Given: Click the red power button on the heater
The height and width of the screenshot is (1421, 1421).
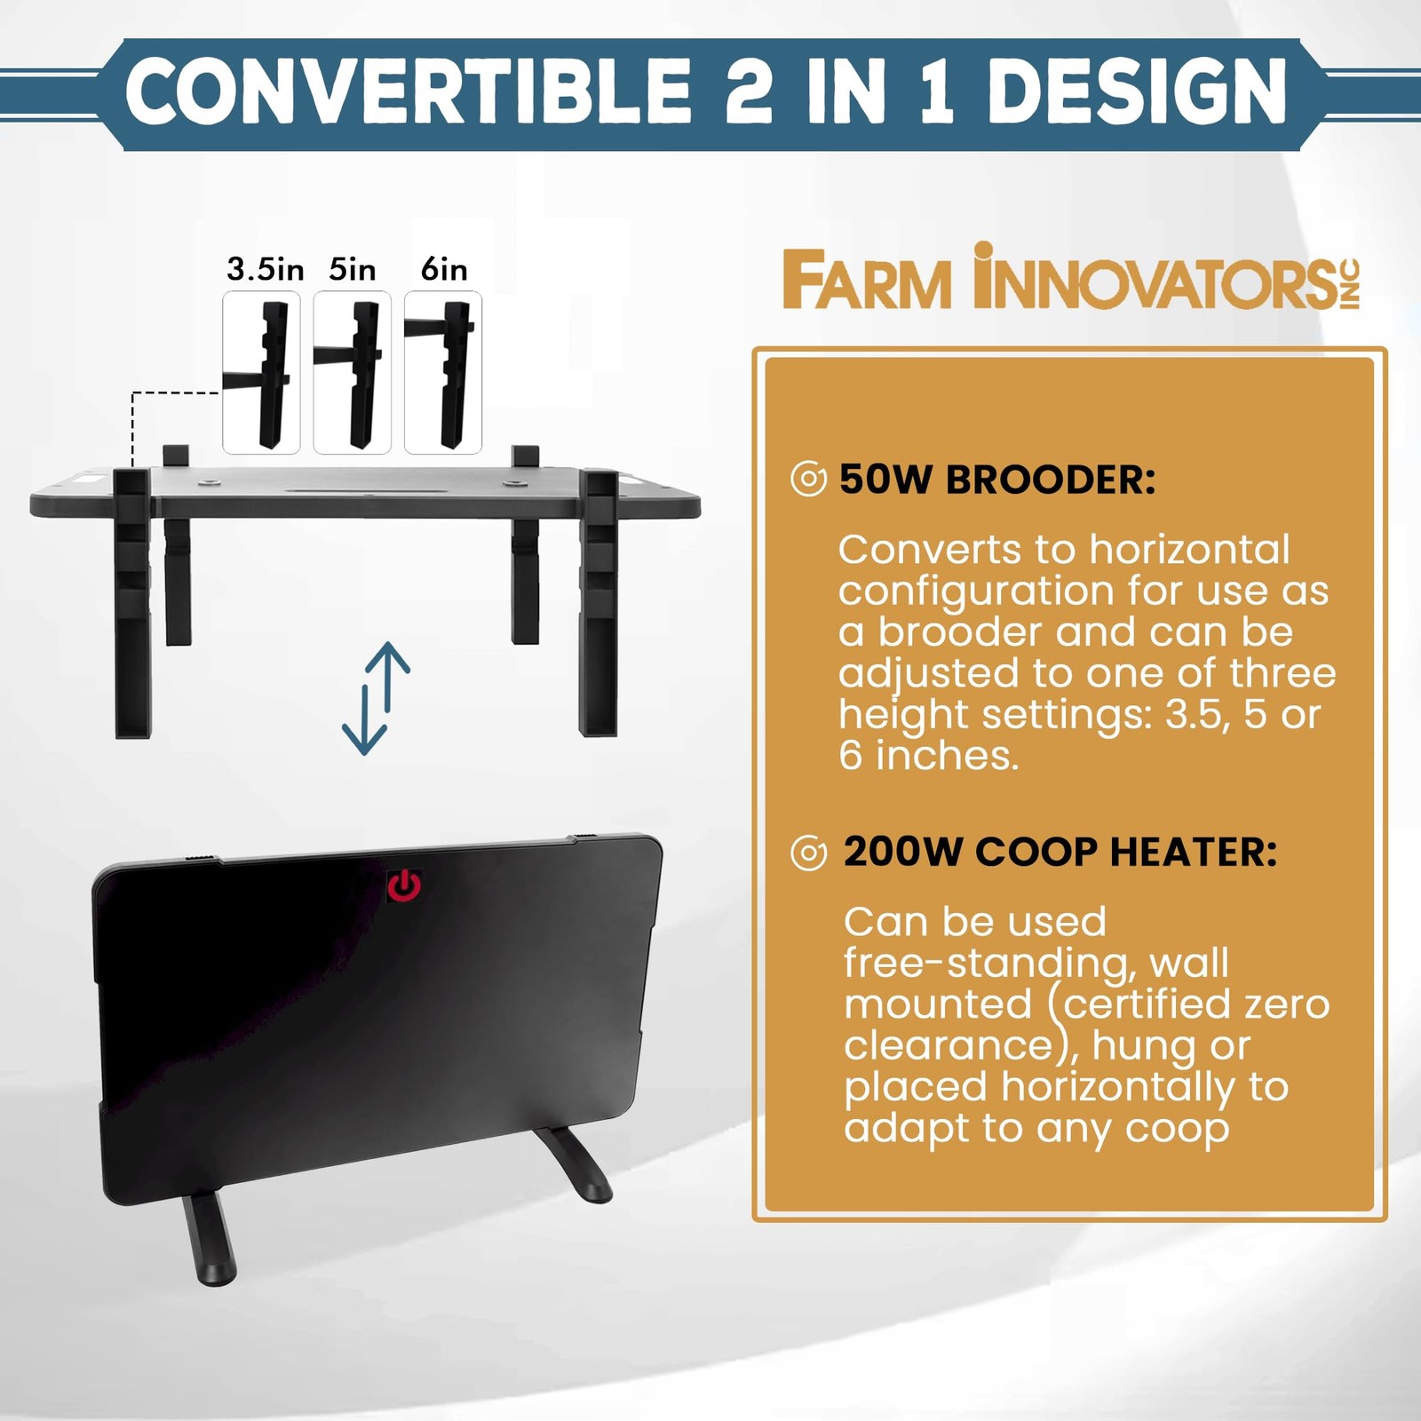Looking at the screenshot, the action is pos(404,885).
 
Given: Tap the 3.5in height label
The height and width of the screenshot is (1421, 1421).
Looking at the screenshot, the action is pos(265,268).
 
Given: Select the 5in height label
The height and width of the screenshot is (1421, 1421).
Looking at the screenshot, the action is pos(352,268).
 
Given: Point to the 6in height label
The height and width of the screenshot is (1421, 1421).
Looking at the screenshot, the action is pos(444,268).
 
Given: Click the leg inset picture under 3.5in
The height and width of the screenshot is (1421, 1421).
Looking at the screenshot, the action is pos(261,373).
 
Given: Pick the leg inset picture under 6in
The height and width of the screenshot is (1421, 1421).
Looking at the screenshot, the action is pos(443,373).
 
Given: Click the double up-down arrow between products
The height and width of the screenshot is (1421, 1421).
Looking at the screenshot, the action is pos(376,698).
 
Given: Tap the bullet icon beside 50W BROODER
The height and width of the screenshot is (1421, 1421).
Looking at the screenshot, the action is pos(808,480).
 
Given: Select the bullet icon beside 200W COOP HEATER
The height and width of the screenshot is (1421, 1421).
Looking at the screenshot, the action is pos(808,853).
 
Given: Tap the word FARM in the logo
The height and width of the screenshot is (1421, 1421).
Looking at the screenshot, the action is pos(867,282).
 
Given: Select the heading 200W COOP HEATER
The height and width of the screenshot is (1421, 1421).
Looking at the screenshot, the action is pos(1060,852).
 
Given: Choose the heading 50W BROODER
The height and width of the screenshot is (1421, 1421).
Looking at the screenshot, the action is pos(997,480).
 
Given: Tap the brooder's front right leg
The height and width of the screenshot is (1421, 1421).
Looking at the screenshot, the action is pos(599,604).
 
